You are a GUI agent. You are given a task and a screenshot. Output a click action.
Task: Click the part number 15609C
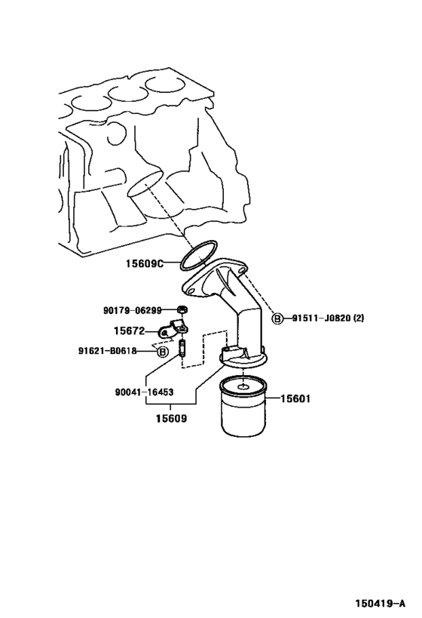click(145, 263)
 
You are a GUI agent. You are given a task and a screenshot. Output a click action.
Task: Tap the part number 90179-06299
click(133, 311)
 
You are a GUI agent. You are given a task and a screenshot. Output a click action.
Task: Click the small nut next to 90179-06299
click(182, 310)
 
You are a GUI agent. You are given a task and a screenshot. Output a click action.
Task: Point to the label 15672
click(130, 331)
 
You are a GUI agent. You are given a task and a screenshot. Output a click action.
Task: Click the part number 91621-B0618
click(108, 350)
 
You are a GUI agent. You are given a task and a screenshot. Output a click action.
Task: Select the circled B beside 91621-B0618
click(162, 352)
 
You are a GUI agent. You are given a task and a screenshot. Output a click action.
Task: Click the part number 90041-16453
click(145, 392)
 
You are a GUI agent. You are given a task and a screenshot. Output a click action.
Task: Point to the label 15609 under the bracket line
click(171, 418)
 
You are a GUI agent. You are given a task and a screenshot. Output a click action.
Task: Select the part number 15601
click(295, 399)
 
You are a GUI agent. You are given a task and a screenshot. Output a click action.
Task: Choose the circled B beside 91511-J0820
click(277, 318)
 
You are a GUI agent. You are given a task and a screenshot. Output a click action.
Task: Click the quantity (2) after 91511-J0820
click(359, 318)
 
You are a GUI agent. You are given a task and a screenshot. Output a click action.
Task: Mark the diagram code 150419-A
click(381, 603)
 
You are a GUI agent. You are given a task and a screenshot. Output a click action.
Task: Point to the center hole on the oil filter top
click(243, 386)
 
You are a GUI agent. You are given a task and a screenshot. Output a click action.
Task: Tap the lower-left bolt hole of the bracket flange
click(191, 291)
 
